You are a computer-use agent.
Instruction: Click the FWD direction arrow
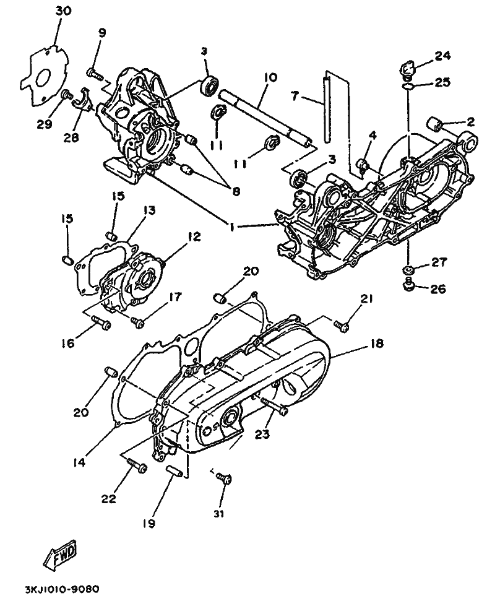point(61,553)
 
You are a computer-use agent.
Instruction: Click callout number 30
point(63,11)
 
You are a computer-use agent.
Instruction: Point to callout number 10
point(270,77)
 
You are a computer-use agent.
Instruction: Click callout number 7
point(295,95)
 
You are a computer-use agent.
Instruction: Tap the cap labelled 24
point(411,69)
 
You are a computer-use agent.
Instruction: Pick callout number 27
point(439,262)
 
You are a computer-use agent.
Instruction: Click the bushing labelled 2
point(434,125)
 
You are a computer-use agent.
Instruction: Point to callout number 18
point(377,344)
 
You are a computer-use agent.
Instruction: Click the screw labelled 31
point(223,478)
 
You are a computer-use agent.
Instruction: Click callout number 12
point(194,236)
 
